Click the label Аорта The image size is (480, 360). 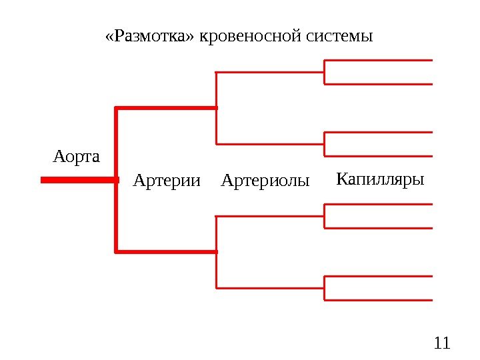[x=76, y=157]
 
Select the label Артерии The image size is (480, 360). [x=167, y=180]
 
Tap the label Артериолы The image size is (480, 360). [x=265, y=180]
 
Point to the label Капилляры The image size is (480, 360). [x=381, y=179]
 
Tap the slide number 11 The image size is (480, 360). [x=442, y=344]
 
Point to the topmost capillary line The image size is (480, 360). [x=379, y=60]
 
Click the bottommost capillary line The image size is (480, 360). [x=379, y=301]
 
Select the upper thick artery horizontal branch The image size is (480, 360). [x=167, y=107]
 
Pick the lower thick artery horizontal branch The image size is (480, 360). [x=167, y=251]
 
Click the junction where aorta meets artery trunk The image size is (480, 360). [x=117, y=179]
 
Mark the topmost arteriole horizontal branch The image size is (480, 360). [x=270, y=72]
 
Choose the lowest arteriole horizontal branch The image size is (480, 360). [x=270, y=288]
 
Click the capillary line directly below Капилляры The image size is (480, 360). [x=379, y=204]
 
